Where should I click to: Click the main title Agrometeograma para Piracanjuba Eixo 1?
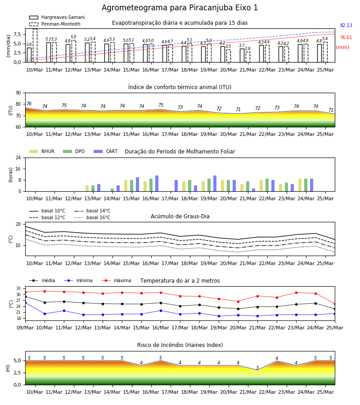tap(180, 8)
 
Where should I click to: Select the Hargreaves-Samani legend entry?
tap(57, 17)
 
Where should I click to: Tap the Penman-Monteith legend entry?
tap(55, 24)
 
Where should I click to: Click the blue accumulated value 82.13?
tap(346, 25)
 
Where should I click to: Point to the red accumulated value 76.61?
tap(346, 37)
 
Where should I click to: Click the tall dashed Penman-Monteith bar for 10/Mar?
tap(35, 45)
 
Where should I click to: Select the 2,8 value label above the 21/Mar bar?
tap(247, 49)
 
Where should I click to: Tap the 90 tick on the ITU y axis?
tap(18, 93)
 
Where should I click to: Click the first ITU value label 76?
tap(29, 103)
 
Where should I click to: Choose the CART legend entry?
tap(106, 151)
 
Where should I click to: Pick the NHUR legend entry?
tap(42, 151)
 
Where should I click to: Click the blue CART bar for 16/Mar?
tap(157, 184)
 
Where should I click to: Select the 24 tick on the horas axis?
tap(18, 157)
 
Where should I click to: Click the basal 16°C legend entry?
tap(92, 217)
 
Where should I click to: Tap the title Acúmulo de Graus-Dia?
tap(180, 216)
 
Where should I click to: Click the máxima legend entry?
tap(116, 280)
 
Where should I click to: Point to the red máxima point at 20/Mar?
tap(238, 301)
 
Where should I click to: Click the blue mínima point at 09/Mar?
tap(26, 302)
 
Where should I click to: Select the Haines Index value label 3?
tap(257, 368)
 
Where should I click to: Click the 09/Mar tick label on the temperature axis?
tap(25, 328)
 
